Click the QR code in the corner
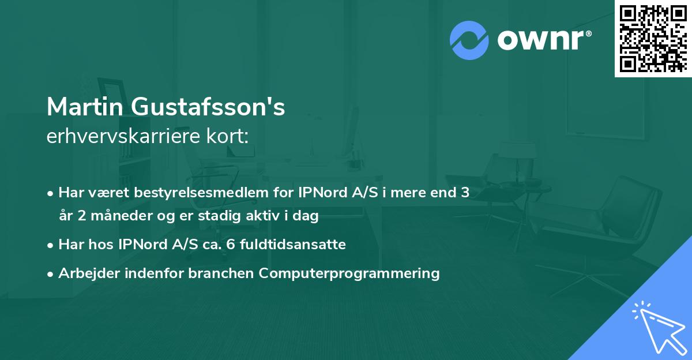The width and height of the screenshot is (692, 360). [x=652, y=38]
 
